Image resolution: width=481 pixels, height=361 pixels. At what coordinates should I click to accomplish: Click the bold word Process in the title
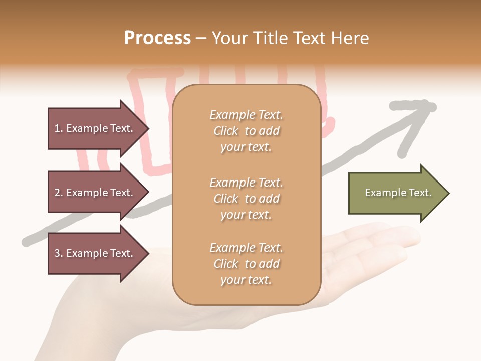pos(157,38)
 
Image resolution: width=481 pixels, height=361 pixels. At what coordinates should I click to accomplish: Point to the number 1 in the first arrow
pos(57,128)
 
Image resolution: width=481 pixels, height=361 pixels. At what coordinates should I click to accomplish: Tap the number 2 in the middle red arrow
pos(57,193)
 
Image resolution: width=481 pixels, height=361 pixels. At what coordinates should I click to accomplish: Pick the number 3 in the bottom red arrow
pos(57,253)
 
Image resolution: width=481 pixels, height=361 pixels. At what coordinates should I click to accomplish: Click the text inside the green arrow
pos(398,193)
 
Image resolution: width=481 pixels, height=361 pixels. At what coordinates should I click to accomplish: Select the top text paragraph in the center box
pos(246,131)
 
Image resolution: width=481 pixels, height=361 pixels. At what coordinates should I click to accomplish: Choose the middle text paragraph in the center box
pos(246,199)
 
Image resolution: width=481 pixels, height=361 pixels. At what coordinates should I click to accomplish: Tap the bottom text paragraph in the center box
pos(246,264)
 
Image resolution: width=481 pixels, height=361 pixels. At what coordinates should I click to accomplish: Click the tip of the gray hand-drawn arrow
pos(432,106)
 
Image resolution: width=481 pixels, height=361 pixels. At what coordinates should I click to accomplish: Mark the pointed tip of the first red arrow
pos(148,128)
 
